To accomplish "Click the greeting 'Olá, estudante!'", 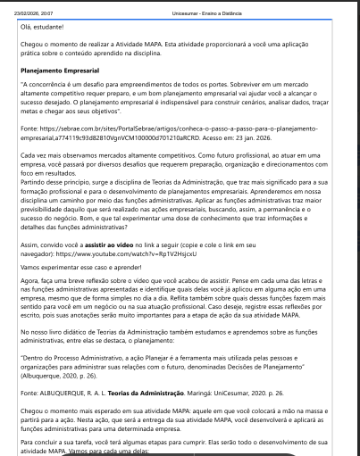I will (44, 28).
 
